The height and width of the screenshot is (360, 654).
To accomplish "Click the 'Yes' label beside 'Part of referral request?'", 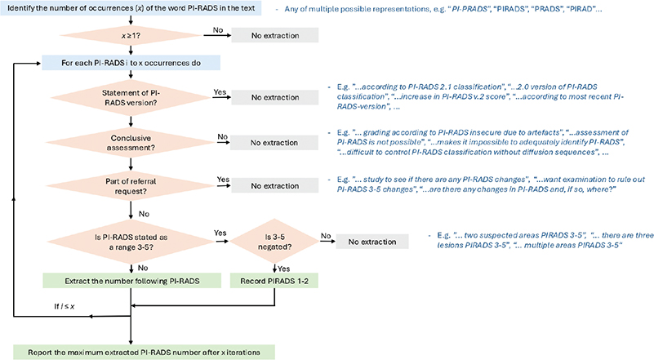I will (219, 178).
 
